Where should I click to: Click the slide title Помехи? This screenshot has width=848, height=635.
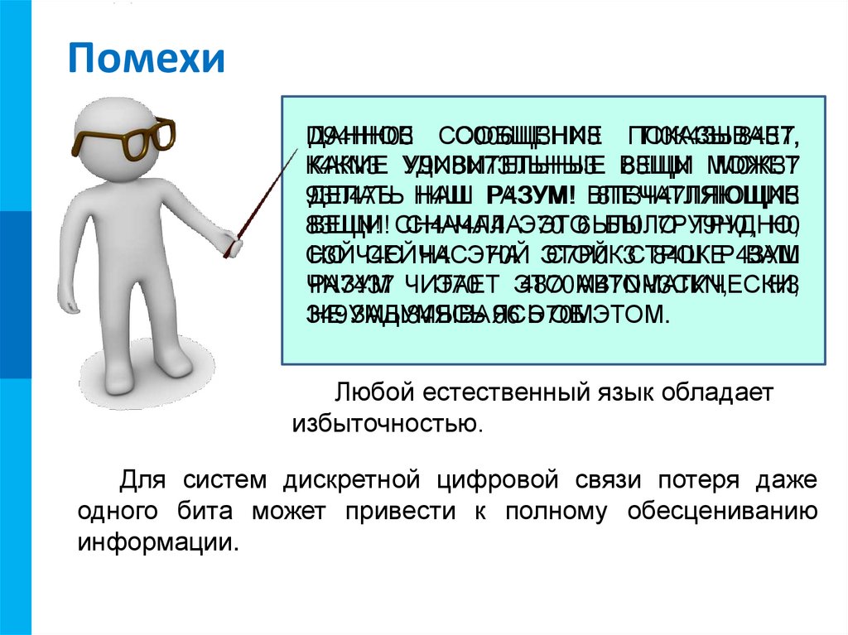click(146, 60)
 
